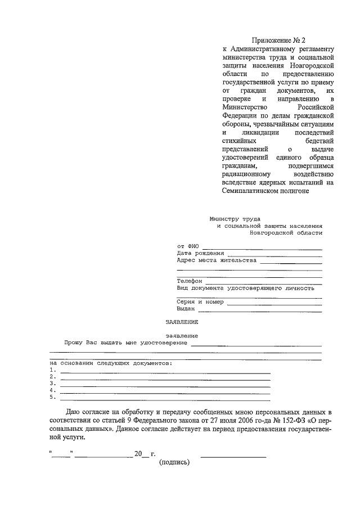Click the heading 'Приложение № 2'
pyautogui.click(x=278, y=40)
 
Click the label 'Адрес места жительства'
pyautogui.click(x=217, y=260)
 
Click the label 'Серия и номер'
pyautogui.click(x=200, y=301)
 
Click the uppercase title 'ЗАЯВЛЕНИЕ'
pyautogui.click(x=182, y=322)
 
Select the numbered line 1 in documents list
pyautogui.click(x=165, y=373)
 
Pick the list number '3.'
pyautogui.click(x=52, y=383)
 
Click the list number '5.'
pyautogui.click(x=52, y=397)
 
